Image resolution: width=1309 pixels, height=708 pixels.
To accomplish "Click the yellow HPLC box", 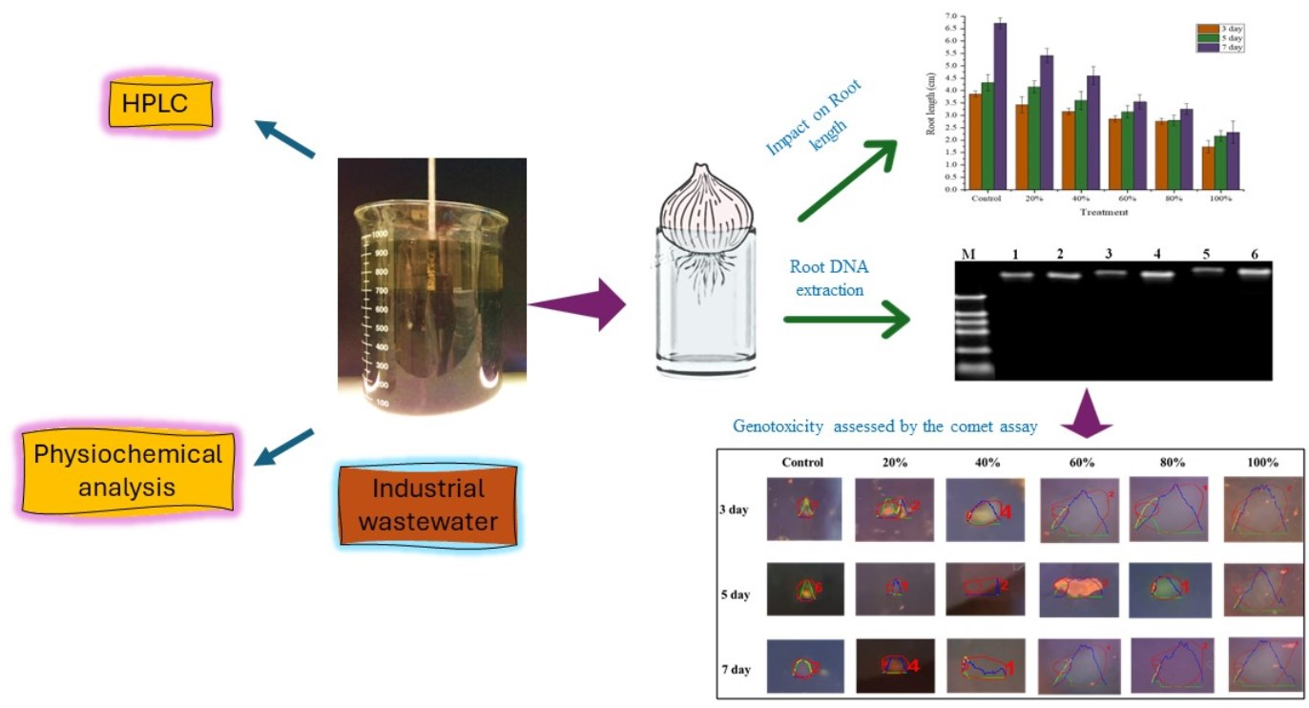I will (158, 101).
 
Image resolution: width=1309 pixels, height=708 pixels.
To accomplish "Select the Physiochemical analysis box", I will (126, 469).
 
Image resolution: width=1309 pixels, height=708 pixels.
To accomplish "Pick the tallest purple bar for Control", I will (1000, 106).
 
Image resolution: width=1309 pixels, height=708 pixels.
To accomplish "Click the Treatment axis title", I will (1105, 212).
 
